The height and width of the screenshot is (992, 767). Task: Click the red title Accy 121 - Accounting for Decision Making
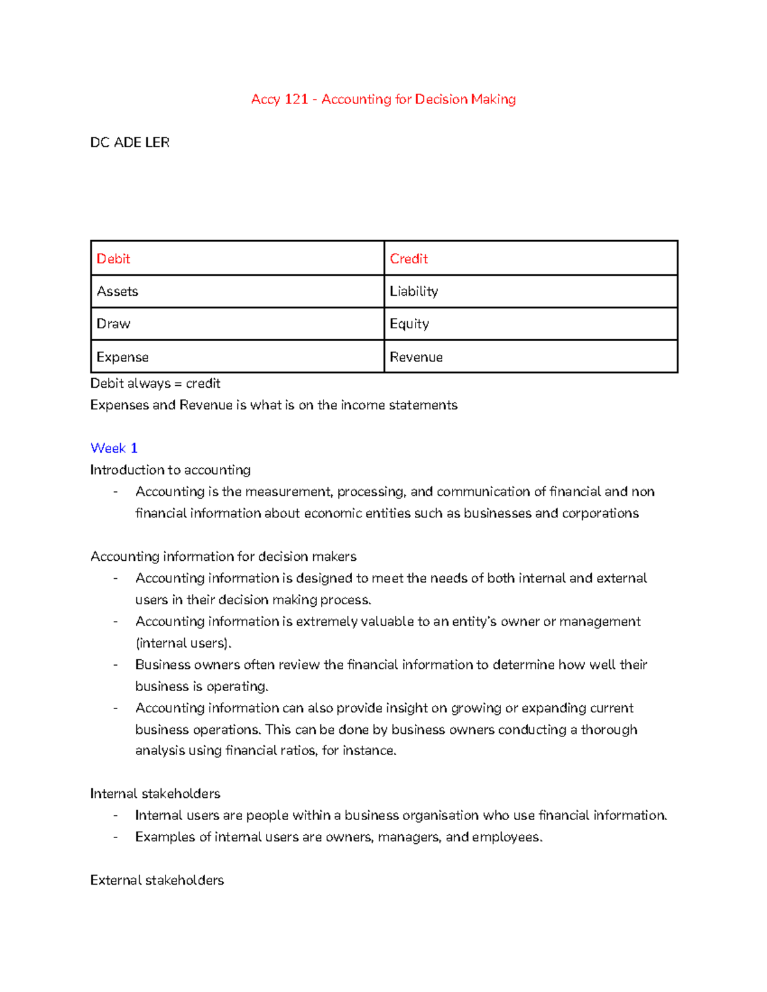click(383, 99)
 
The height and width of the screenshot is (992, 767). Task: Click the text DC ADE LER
click(130, 142)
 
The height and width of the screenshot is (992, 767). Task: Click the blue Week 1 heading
click(114, 448)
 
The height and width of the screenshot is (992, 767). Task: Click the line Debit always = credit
click(155, 383)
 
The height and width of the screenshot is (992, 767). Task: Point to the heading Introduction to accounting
click(170, 469)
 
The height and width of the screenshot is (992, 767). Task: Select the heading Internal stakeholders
click(155, 793)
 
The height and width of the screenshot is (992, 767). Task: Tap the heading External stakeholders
click(157, 880)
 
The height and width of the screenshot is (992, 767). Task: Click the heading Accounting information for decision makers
click(224, 556)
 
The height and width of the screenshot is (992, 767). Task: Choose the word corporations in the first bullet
click(600, 513)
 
